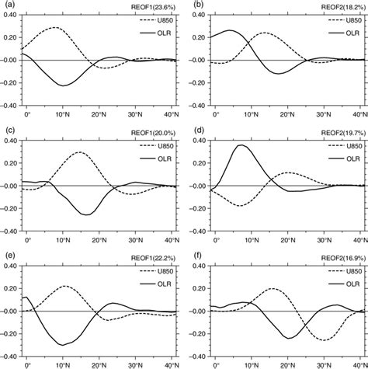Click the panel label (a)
[8, 5]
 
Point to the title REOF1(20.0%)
[158, 131]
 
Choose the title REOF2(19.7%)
[342, 131]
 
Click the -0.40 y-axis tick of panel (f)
[196, 357]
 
